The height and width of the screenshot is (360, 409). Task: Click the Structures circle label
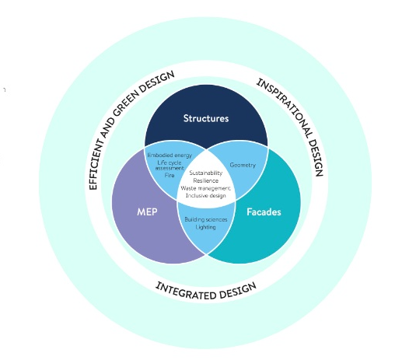point(206,118)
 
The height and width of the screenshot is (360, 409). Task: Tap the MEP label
point(147,211)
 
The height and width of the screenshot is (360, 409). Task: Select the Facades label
point(264,211)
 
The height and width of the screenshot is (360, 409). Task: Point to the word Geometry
point(243,165)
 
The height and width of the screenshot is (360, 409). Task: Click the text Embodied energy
point(170,156)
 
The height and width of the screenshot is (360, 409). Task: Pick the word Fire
point(170,175)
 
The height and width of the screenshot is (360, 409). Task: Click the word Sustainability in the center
point(206,173)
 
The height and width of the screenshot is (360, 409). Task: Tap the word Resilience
point(206,180)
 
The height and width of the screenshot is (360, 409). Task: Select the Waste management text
point(205,188)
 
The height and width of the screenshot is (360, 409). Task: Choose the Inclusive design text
point(205,196)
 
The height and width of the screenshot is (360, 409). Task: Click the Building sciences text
point(206,219)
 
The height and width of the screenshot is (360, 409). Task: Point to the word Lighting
point(206,227)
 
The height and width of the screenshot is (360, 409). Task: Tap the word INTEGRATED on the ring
point(185,291)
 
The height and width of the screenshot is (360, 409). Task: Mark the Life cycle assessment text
point(170,166)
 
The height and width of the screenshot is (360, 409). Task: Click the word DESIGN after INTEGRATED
point(238,291)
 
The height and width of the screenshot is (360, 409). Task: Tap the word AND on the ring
point(107,128)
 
